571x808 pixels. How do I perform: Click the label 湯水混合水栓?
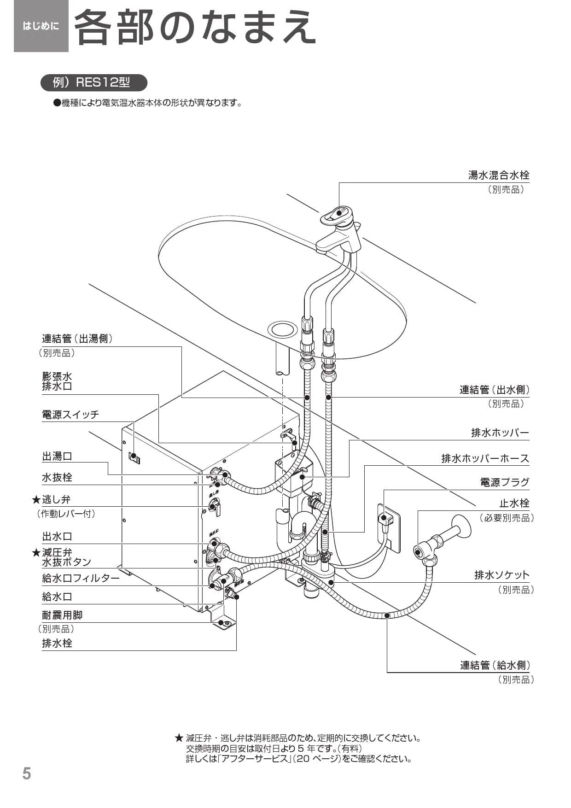[498, 176]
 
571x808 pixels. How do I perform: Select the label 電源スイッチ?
[70, 415]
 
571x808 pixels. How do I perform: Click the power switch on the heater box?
[134, 458]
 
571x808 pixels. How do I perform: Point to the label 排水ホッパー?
[500, 433]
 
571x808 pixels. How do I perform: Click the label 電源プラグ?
[504, 483]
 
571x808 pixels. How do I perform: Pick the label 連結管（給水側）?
[495, 665]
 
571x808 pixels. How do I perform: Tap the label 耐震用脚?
[62, 615]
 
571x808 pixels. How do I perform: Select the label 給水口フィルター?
[81, 578]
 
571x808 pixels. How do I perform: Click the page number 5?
[27, 773]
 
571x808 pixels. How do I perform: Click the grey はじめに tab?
[41, 26]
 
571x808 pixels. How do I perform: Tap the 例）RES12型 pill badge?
[93, 83]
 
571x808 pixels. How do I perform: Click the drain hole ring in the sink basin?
[282, 329]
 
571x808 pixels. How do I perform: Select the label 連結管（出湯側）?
[77, 339]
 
